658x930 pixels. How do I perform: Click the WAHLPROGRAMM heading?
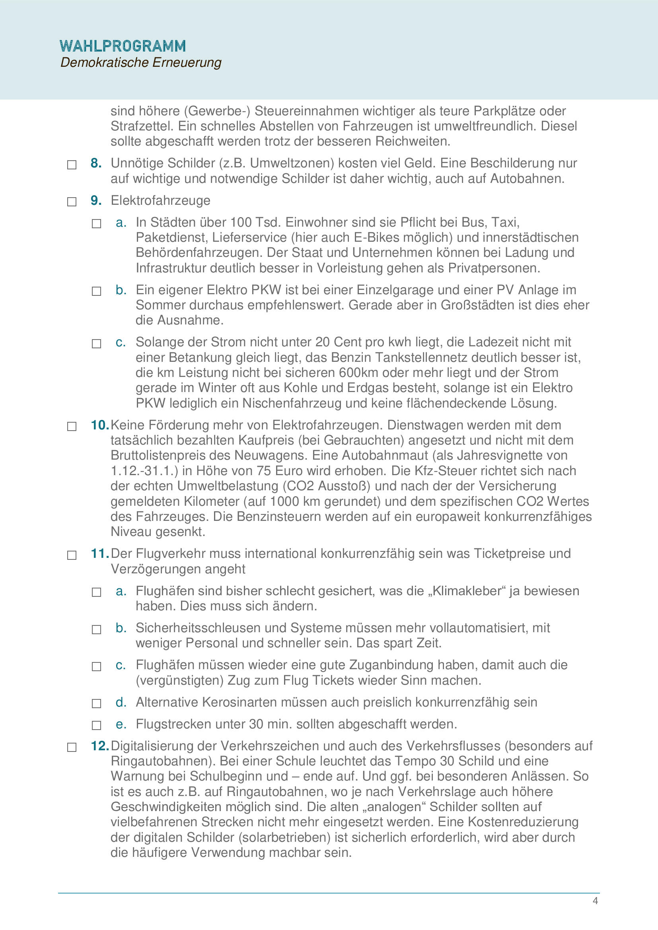[x=123, y=46]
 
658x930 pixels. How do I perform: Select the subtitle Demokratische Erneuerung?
[x=140, y=62]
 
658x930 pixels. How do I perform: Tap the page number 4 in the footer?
[x=595, y=901]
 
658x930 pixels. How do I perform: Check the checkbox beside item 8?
[x=72, y=165]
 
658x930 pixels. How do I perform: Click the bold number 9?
[x=95, y=200]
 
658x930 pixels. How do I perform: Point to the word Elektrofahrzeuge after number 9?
[x=160, y=200]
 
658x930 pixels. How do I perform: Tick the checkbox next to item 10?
[x=72, y=427]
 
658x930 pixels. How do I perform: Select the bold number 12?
[x=99, y=746]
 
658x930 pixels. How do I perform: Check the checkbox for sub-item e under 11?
[x=96, y=725]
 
